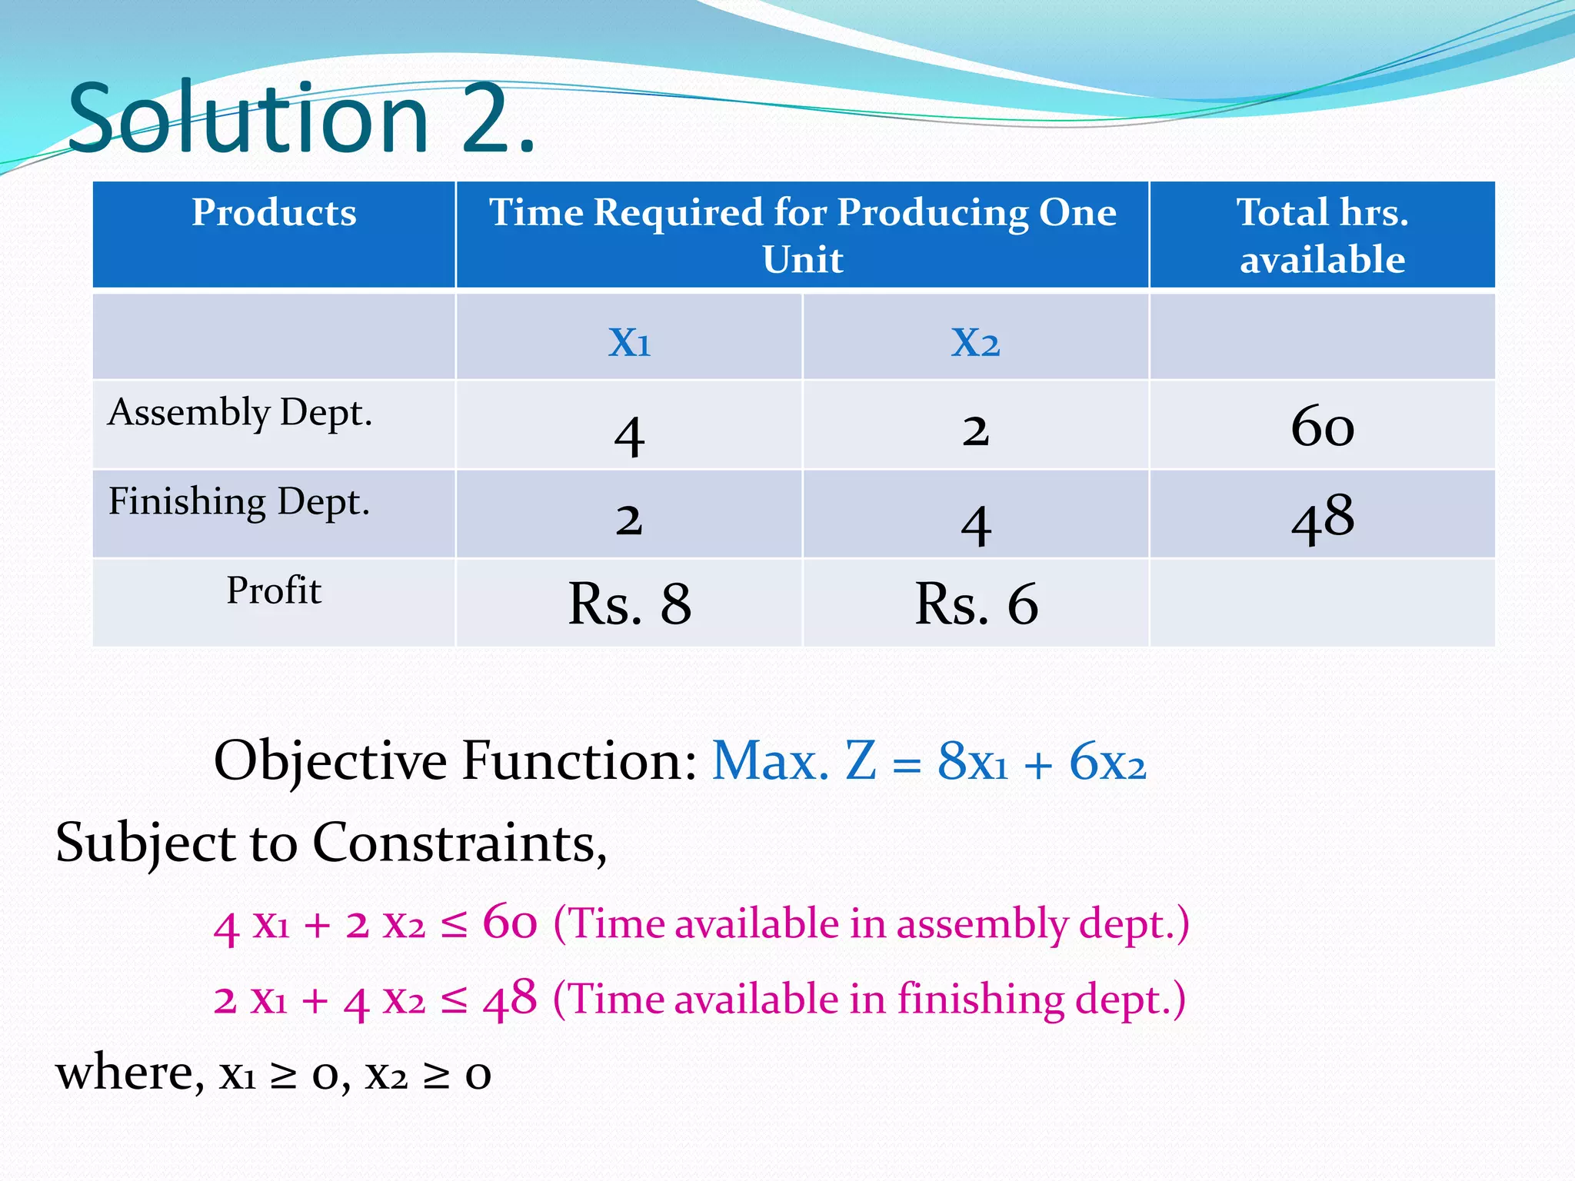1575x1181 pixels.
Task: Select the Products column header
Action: click(274, 213)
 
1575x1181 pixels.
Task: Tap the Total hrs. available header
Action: click(1322, 235)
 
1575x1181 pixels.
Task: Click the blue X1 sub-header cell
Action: click(629, 341)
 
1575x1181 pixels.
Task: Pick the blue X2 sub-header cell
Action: click(975, 341)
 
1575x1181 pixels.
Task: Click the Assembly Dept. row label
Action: click(240, 413)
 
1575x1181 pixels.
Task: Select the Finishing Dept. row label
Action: click(239, 502)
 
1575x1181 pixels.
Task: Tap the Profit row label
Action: click(274, 591)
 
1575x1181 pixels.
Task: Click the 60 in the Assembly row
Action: click(1322, 427)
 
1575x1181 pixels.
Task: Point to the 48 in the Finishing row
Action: click(1322, 518)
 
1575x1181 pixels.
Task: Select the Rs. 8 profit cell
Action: click(629, 604)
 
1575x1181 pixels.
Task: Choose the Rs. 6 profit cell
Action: click(975, 604)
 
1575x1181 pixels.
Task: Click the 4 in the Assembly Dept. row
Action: click(629, 435)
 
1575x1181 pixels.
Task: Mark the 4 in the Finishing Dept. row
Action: click(975, 525)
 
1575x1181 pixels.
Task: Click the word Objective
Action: click(331, 761)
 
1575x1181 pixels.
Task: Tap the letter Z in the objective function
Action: click(861, 761)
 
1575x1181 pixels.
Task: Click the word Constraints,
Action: click(459, 843)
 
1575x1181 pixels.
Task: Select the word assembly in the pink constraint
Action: click(982, 923)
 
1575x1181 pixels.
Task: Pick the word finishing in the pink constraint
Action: click(981, 1000)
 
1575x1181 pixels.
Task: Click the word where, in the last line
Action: click(130, 1073)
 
